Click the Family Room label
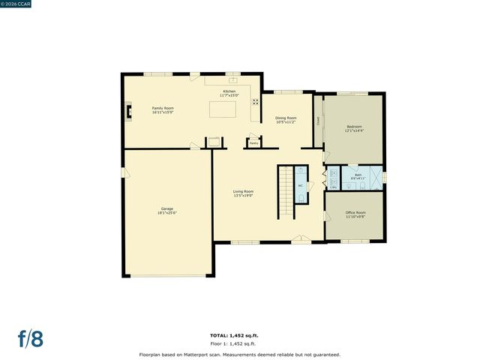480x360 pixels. coord(163,110)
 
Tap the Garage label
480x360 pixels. coord(166,211)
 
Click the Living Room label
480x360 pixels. coord(243,193)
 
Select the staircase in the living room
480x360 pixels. coord(285,192)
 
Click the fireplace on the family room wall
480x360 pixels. coord(129,112)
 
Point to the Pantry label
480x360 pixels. coord(254,142)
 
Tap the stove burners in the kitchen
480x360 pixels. coord(255,102)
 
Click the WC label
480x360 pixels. coord(300,185)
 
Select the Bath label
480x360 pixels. coord(358,176)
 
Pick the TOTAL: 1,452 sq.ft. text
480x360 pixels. coord(239,334)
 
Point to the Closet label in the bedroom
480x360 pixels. coord(318,120)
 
